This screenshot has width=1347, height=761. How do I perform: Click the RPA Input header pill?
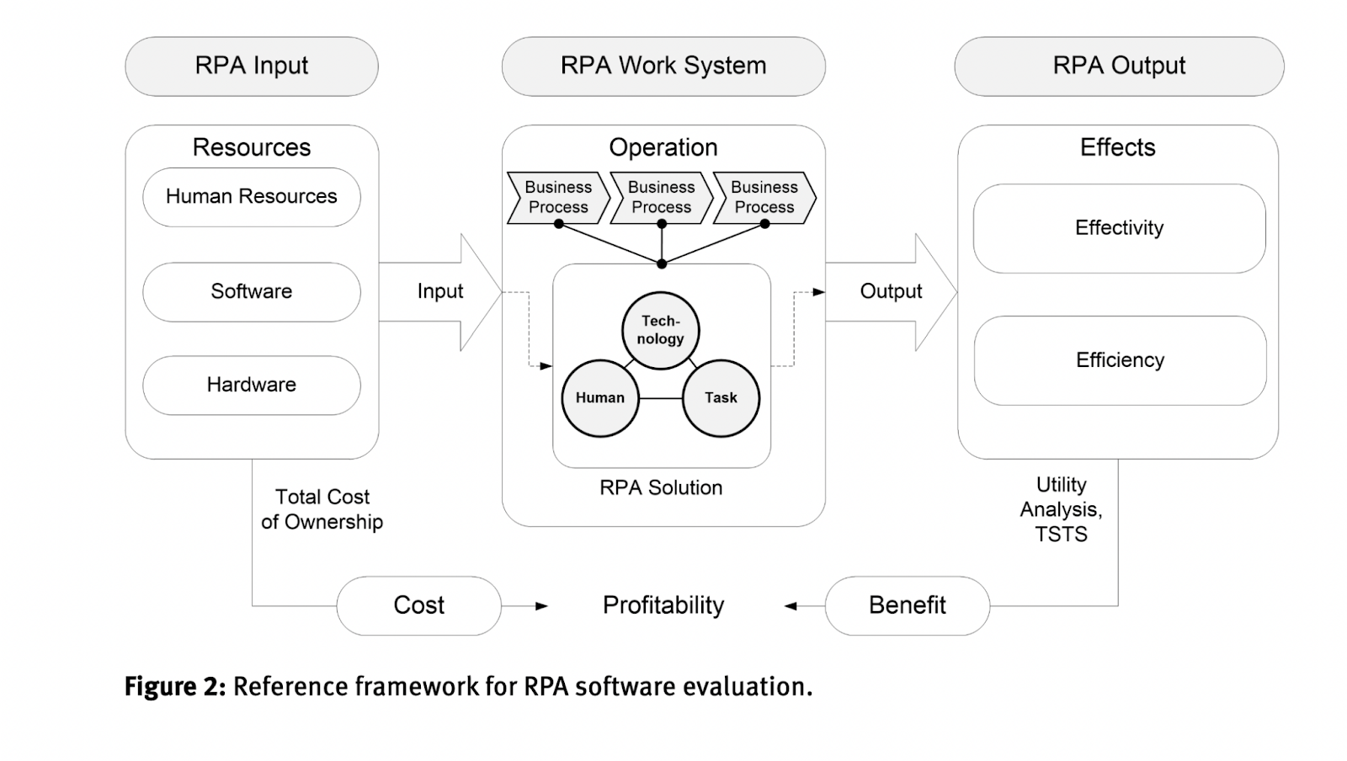coord(252,66)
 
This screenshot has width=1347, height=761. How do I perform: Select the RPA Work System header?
coord(663,66)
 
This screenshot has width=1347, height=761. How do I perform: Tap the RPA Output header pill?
coord(1119,66)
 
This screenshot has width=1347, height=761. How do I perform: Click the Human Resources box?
coord(252,197)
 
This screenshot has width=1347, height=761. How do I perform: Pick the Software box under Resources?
coord(252,291)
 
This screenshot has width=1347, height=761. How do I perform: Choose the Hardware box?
coord(252,385)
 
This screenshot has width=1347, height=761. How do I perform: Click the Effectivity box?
coord(1119,228)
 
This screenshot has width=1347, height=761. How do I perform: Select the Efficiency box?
coord(1120,360)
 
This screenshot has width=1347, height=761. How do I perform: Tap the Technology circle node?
coord(661,330)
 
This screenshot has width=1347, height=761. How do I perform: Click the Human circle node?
coord(600,398)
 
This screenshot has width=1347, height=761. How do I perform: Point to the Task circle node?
coord(721,398)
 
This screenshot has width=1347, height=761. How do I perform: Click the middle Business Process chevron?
coord(662,198)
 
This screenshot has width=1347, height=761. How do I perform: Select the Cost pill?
coord(419,605)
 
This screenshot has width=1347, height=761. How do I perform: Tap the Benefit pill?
coord(908,605)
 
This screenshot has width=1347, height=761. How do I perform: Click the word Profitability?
coord(663,605)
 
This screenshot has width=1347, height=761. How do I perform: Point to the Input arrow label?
coord(440,291)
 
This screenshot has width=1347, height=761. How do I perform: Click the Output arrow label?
coord(891,291)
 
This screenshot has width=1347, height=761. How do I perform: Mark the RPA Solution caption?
coord(661,488)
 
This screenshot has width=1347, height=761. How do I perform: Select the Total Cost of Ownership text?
coord(322,509)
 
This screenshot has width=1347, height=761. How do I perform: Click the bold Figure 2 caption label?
coord(175,687)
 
